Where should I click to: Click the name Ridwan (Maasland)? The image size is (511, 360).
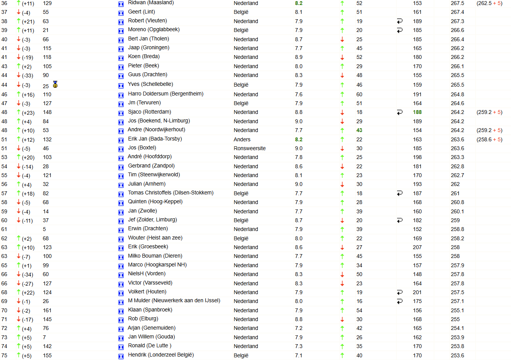[x=151, y=3]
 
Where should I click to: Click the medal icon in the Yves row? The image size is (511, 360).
[x=55, y=84]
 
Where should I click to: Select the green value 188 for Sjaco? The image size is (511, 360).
[x=417, y=112]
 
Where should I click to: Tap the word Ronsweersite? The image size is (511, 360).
[x=249, y=148]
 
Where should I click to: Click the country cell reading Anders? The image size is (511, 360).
[x=242, y=139]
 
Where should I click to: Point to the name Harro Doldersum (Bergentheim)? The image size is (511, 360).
[x=165, y=94]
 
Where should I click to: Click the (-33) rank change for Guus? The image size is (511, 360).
[x=27, y=75]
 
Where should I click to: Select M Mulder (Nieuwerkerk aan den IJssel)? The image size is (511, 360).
[x=174, y=300]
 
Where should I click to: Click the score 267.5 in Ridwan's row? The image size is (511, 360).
[x=458, y=3]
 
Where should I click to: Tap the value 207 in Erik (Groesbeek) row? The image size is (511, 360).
[x=417, y=247]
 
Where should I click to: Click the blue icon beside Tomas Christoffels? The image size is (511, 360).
[x=121, y=193]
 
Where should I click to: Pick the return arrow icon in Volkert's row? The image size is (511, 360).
[x=400, y=292]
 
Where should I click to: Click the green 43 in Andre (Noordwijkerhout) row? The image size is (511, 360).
[x=359, y=130]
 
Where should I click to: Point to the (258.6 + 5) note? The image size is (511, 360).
[x=489, y=139]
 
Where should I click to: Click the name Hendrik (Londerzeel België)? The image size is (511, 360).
[x=161, y=355]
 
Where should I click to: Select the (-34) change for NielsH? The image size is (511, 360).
[x=27, y=275]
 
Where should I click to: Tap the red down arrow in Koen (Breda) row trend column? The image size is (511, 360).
[x=342, y=57]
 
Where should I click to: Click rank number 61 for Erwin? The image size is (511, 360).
[x=4, y=229]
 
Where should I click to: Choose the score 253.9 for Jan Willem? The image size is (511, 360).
[x=458, y=337]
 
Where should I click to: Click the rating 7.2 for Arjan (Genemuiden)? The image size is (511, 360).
[x=299, y=328]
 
